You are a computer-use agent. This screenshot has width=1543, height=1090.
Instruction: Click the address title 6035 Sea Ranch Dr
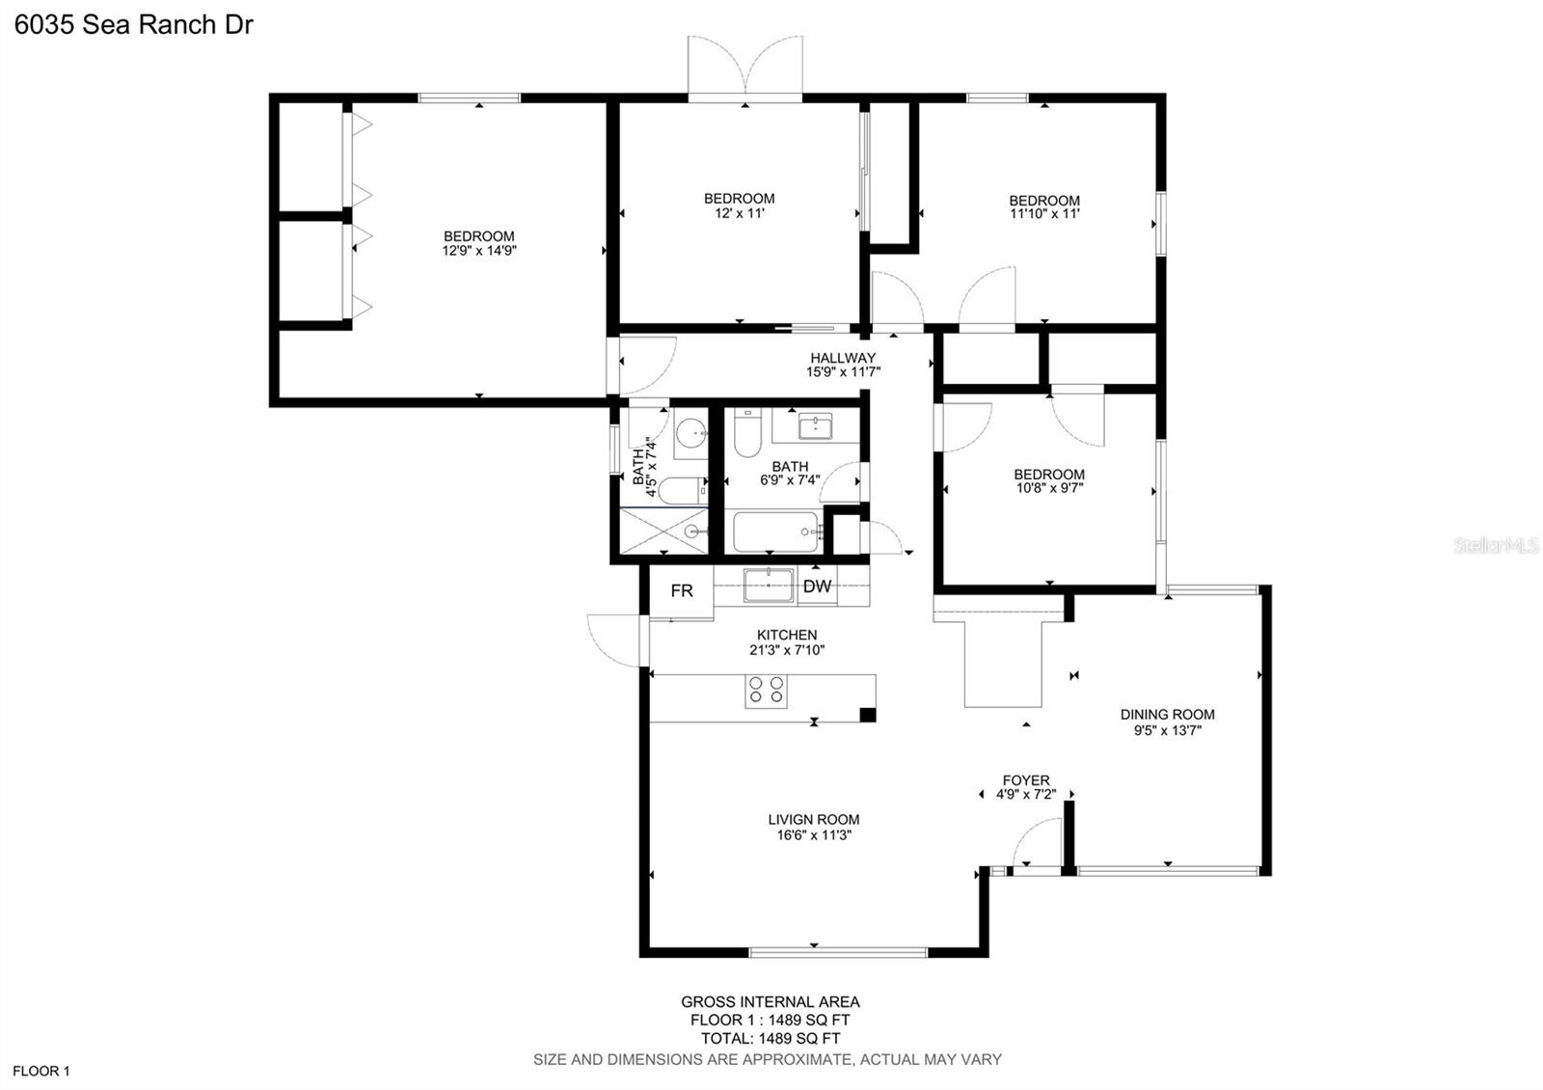coord(134,25)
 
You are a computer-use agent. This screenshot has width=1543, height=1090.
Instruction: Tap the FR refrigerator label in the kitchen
coord(682,590)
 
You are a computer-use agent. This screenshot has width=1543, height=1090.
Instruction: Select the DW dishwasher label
coord(817,586)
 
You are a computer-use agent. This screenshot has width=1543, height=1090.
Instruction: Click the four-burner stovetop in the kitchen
coord(766,691)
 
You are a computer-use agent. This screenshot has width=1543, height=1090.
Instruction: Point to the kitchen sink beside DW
coord(768,585)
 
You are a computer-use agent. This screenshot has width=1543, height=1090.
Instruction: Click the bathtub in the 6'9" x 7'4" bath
coord(775,531)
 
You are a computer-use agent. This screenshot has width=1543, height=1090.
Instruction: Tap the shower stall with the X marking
coord(664,531)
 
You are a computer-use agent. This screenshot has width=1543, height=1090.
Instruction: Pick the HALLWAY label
coord(843,358)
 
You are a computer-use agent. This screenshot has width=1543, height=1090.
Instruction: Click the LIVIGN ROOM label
coord(814,819)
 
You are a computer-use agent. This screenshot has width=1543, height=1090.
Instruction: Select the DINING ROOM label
coord(1168,715)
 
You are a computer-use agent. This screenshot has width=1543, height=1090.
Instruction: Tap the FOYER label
coord(1026,780)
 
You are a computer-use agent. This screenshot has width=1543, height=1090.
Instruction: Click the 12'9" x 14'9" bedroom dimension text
coord(479,251)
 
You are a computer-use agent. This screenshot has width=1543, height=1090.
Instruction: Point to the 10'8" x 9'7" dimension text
coord(1050,488)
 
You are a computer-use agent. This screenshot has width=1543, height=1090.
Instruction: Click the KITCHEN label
coord(787,635)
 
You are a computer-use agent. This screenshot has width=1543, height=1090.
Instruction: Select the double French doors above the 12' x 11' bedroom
coord(745,68)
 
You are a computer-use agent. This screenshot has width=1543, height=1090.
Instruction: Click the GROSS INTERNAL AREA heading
coord(771,1002)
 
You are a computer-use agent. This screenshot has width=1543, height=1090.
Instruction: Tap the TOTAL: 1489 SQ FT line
coord(771,1038)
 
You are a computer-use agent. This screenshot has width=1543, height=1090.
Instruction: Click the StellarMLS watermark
coord(1496,546)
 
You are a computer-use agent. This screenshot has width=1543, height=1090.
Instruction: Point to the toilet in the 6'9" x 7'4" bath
coord(747,433)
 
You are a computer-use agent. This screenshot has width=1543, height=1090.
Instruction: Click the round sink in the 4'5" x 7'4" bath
coord(690,433)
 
